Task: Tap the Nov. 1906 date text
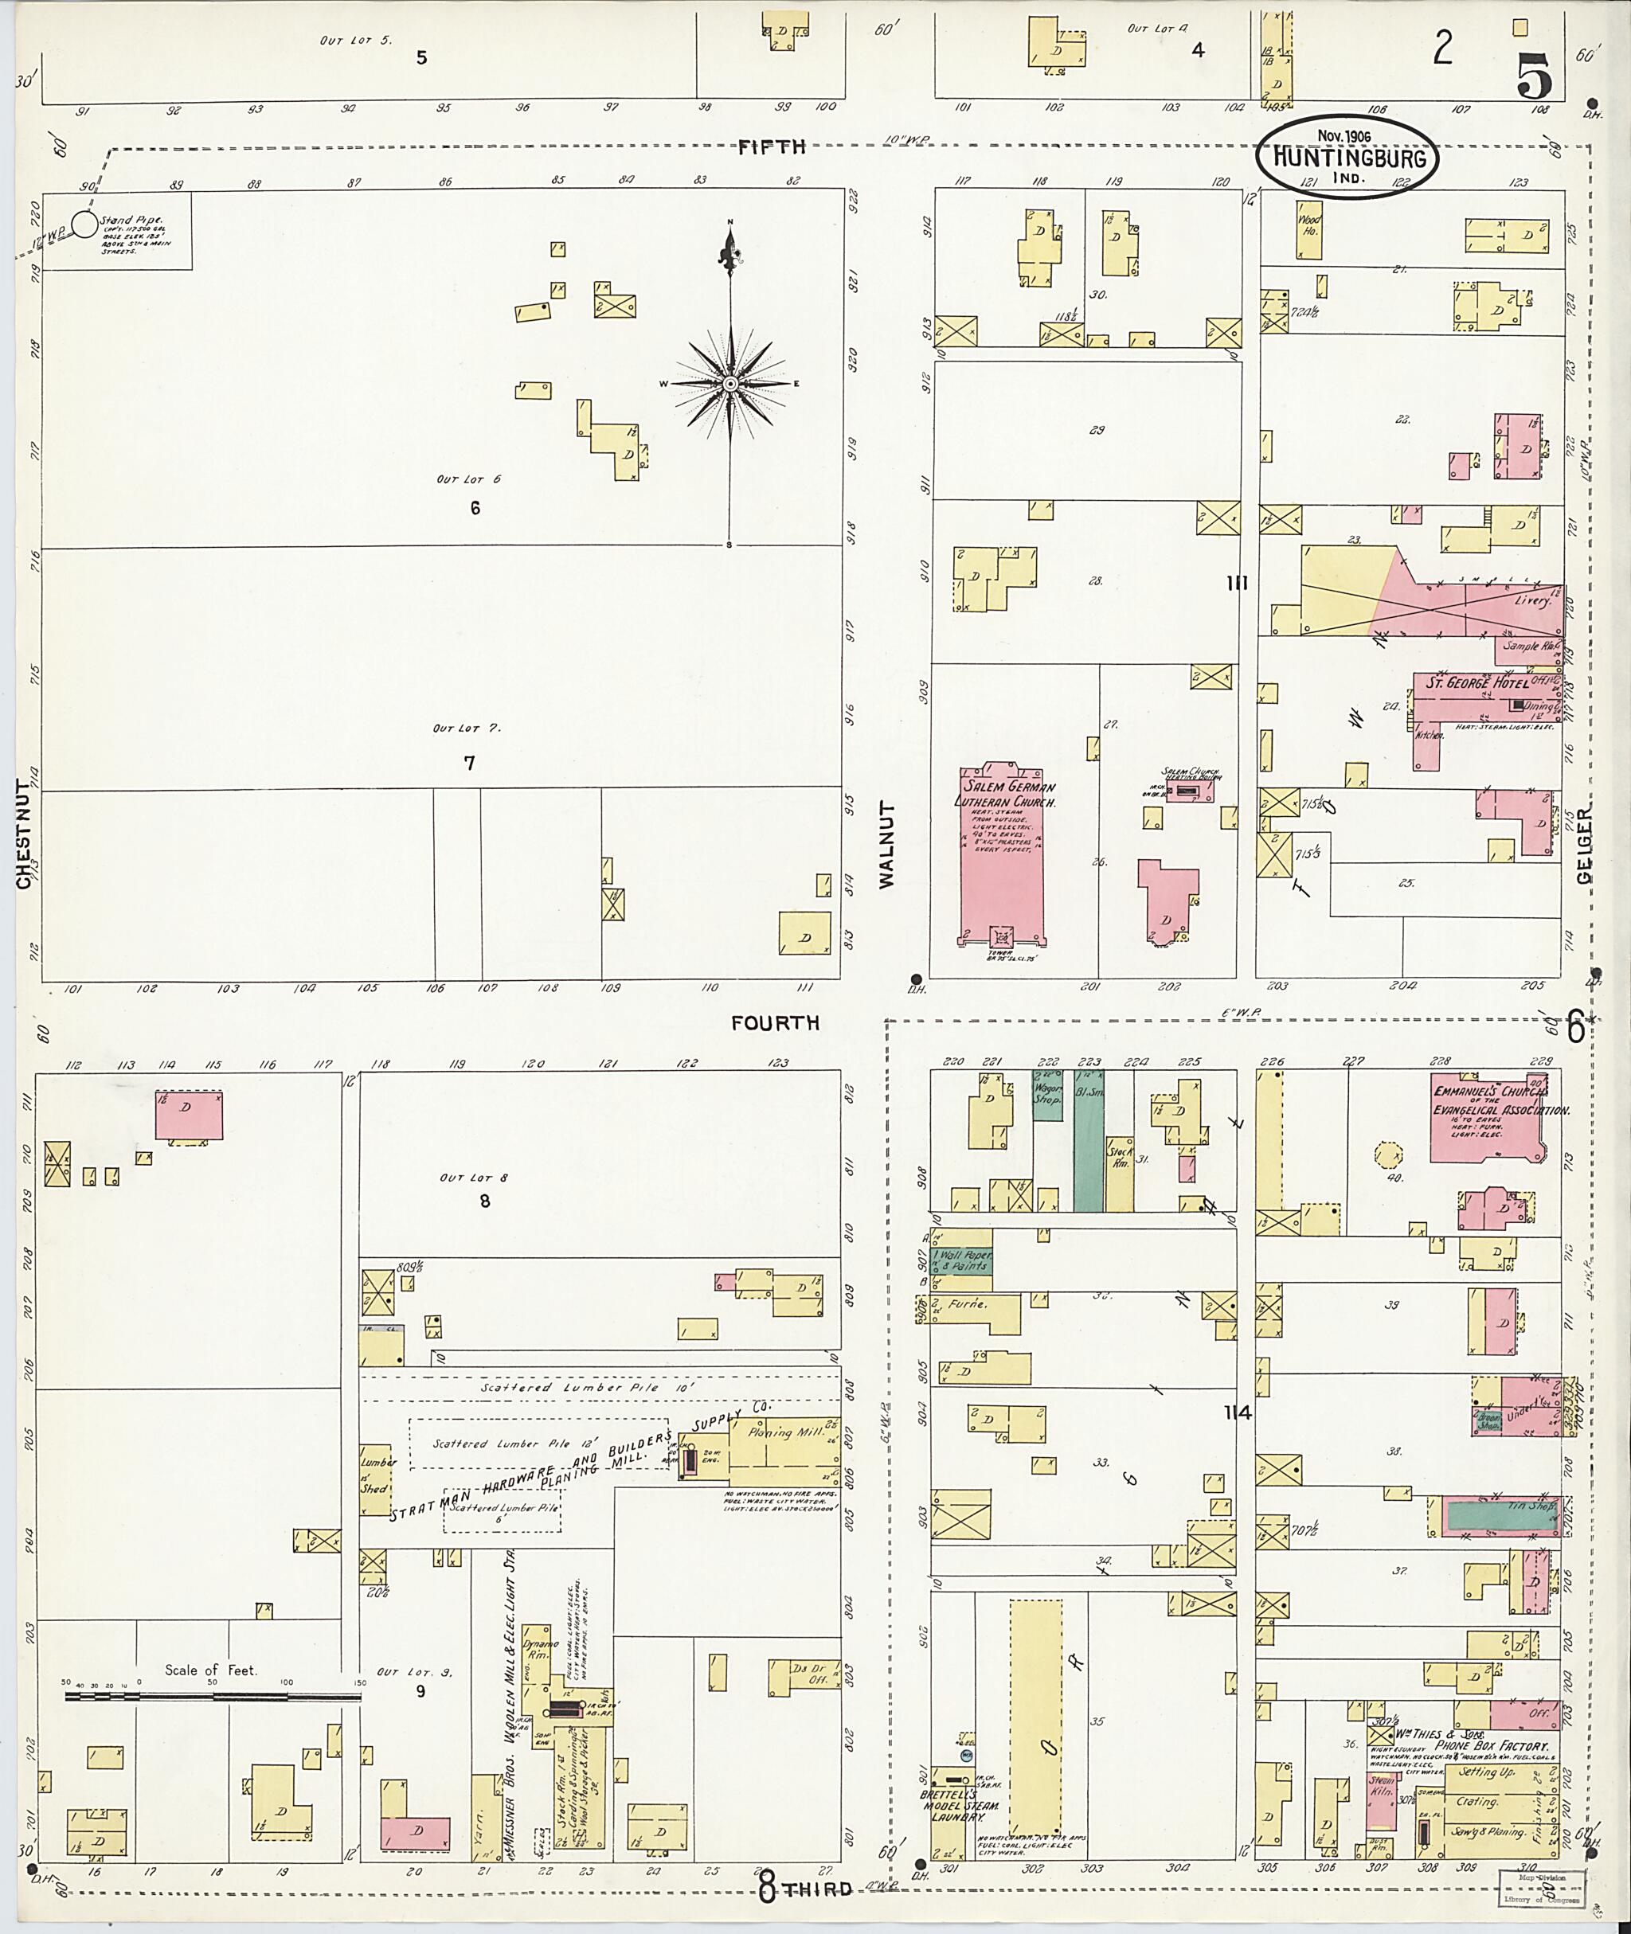point(1345,135)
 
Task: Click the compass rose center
point(730,383)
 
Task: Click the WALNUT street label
point(888,845)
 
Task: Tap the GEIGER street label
point(1585,845)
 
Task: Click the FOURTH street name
point(775,1023)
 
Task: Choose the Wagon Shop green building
point(1047,1096)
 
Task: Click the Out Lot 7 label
point(467,729)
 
